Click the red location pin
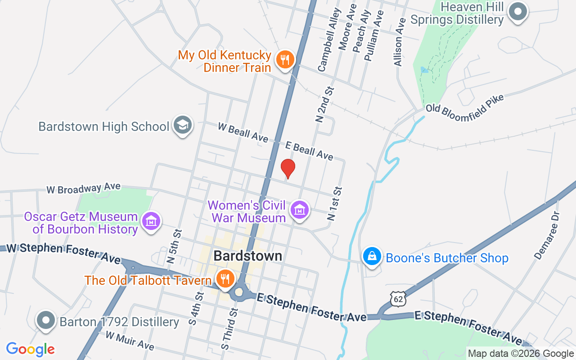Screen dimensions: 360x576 point(288,169)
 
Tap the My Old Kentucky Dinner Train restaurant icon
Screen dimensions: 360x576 point(285,59)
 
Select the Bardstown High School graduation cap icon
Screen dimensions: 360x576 point(182,126)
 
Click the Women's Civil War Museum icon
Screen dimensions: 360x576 point(299,210)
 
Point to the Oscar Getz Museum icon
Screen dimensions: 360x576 point(151,221)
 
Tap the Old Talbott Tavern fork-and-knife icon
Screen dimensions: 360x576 point(224,279)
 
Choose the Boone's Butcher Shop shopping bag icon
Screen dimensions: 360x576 point(372,257)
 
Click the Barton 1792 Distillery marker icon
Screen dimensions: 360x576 point(46,321)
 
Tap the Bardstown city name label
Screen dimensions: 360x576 point(248,256)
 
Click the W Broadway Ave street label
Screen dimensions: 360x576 point(84,188)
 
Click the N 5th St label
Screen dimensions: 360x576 point(174,246)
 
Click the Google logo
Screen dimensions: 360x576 point(31,349)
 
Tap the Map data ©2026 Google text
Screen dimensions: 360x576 point(521,354)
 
